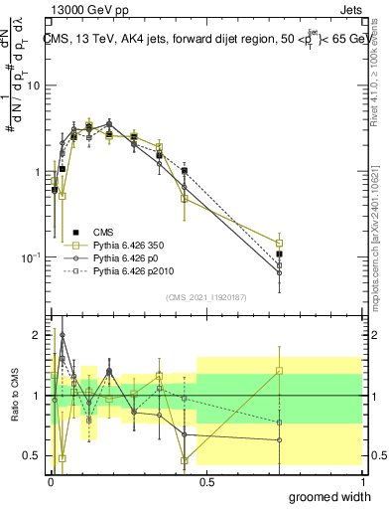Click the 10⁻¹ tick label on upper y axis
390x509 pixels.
[30, 257]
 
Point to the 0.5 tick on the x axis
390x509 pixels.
[207, 480]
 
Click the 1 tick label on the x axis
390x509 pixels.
[362, 480]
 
